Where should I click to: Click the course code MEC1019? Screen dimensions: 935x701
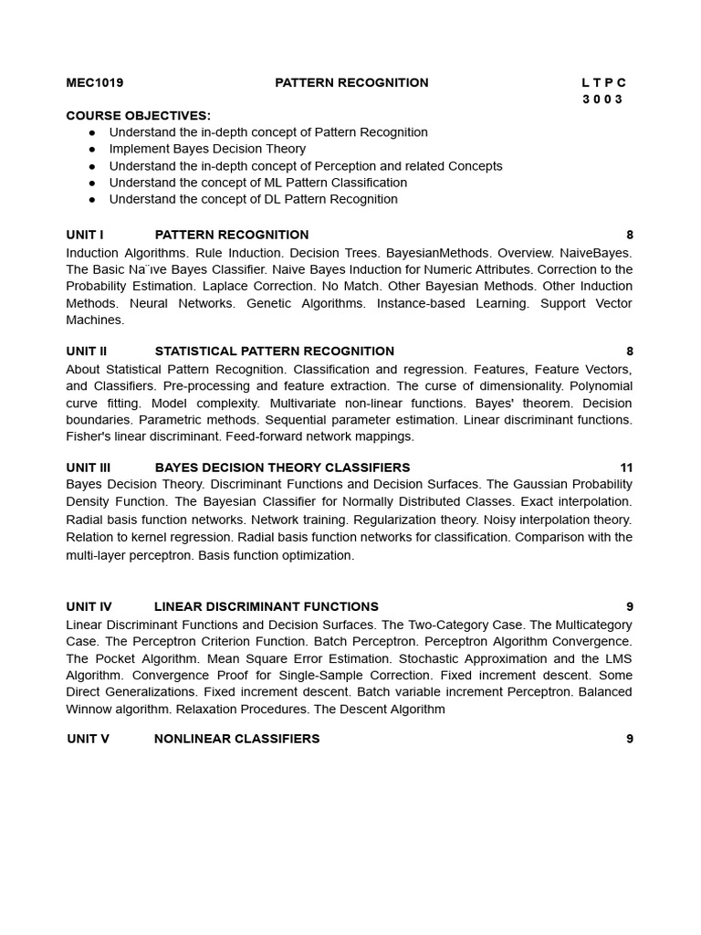pyautogui.click(x=95, y=83)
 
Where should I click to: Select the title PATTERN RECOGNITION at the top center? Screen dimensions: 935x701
pyautogui.click(x=351, y=83)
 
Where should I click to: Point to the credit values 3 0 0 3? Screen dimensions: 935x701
pyautogui.click(x=602, y=100)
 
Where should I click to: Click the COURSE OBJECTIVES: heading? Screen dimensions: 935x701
pyautogui.click(x=139, y=116)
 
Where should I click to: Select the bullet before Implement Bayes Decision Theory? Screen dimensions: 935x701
pyautogui.click(x=92, y=149)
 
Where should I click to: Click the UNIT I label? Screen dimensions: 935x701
pyautogui.click(x=85, y=235)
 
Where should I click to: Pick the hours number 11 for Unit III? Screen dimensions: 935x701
pyautogui.click(x=626, y=467)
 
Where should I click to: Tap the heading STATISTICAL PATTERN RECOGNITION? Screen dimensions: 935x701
pyautogui.click(x=275, y=352)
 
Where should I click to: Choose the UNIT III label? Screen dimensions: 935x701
pyautogui.click(x=89, y=467)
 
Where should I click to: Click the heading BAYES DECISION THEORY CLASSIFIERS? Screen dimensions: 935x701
pyautogui.click(x=282, y=467)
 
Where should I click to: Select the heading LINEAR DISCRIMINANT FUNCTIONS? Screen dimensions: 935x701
pyautogui.click(x=267, y=606)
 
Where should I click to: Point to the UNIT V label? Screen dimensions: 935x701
pyautogui.click(x=88, y=739)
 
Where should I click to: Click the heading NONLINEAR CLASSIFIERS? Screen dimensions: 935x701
pyautogui.click(x=237, y=739)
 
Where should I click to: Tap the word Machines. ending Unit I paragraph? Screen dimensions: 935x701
pyautogui.click(x=95, y=320)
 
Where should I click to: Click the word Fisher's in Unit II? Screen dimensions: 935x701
pyautogui.click(x=88, y=436)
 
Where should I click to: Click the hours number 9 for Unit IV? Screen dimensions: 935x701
pyautogui.click(x=629, y=606)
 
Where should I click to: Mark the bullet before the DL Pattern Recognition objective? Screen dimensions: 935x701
pyautogui.click(x=92, y=199)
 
